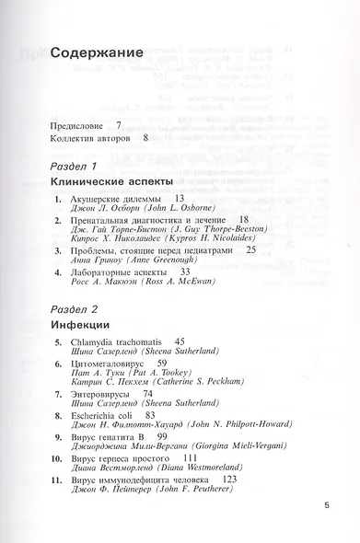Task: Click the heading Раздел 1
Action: click(75, 166)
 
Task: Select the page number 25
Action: click(250, 249)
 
